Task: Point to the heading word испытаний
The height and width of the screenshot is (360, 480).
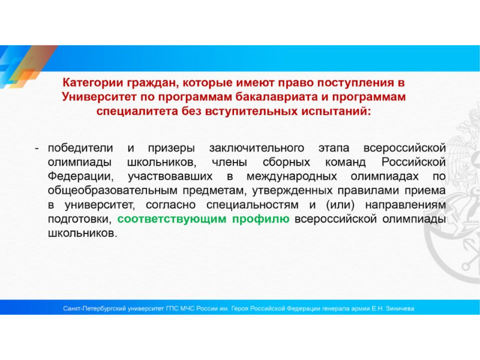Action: click(336, 111)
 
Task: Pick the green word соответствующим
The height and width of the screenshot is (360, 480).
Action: click(172, 220)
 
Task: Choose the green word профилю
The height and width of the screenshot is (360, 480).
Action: click(260, 220)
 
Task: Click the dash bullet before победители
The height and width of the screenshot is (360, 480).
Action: click(37, 148)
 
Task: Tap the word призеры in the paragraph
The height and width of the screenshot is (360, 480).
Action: click(172, 148)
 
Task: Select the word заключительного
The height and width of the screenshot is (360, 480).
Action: click(257, 148)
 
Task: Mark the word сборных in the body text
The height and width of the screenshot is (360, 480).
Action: click(286, 162)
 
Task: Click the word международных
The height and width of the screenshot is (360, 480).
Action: click(292, 176)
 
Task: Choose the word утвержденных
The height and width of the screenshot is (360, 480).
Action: click(292, 191)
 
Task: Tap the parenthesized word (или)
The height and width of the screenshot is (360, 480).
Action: click(340, 205)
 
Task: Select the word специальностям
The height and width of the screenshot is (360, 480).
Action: click(253, 205)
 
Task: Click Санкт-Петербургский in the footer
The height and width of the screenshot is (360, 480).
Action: click(95, 308)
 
